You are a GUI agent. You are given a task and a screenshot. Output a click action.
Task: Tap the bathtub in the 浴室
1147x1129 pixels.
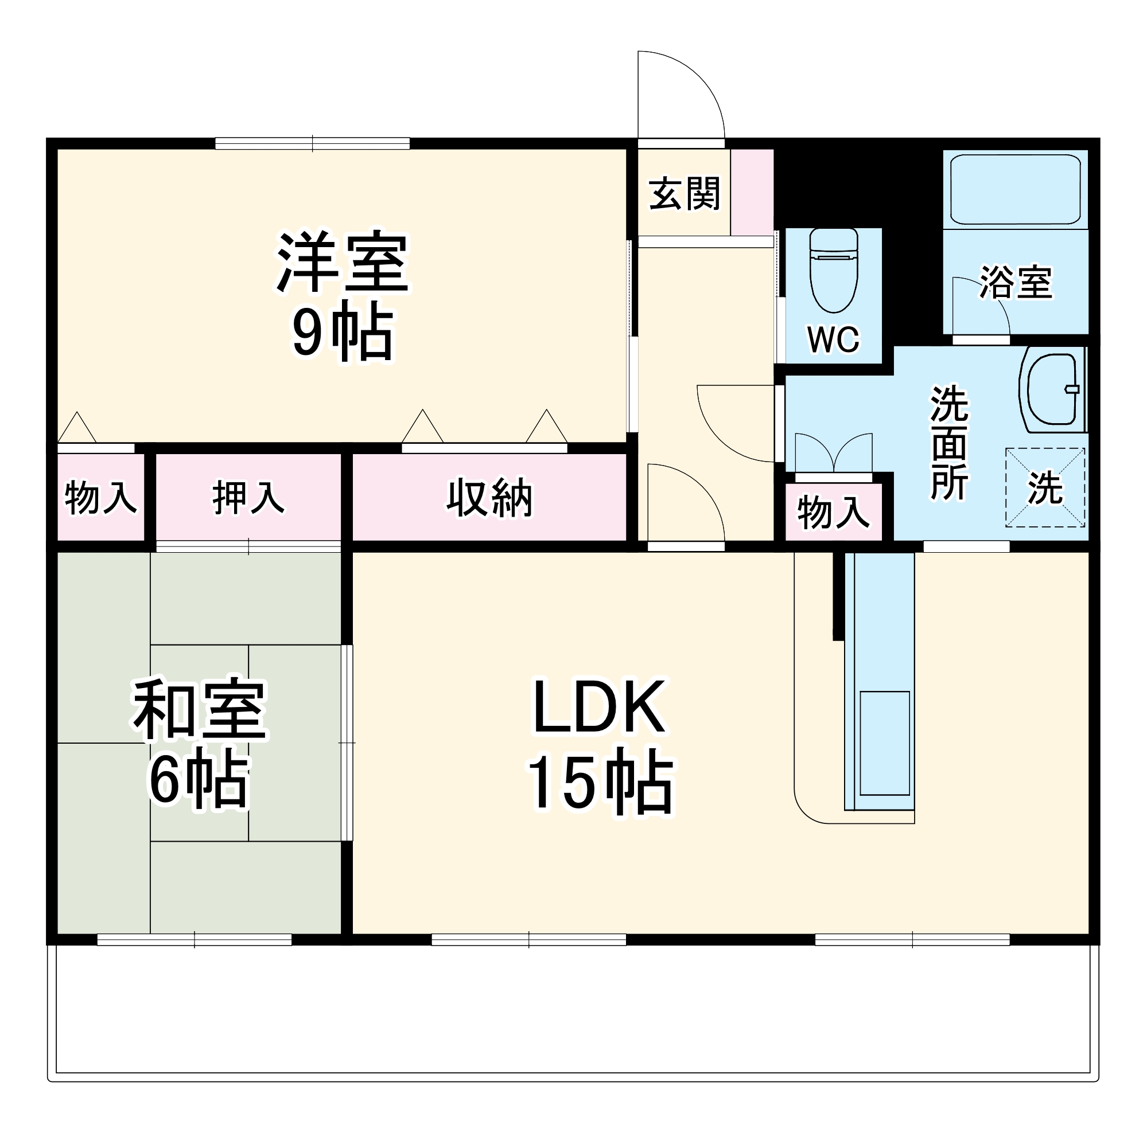pyautogui.click(x=1014, y=189)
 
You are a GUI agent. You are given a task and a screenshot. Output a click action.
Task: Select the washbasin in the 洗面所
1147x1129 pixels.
pyautogui.click(x=1052, y=389)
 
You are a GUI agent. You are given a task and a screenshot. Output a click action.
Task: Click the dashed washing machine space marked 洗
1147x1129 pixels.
pyautogui.click(x=1044, y=487)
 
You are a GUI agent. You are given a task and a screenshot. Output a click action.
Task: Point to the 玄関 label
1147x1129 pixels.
pyautogui.click(x=683, y=193)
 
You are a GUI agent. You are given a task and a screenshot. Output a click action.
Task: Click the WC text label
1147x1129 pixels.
pyautogui.click(x=833, y=339)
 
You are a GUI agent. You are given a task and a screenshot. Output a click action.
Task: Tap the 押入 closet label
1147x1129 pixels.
pyautogui.click(x=248, y=498)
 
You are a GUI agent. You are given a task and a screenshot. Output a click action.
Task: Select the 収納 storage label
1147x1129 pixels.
pyautogui.click(x=489, y=498)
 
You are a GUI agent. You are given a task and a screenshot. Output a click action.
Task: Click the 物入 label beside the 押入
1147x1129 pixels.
pyautogui.click(x=100, y=498)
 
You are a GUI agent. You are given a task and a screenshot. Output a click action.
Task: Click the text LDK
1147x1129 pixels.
pyautogui.click(x=599, y=708)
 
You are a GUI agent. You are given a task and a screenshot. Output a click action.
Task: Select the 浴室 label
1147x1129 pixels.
pyautogui.click(x=1015, y=282)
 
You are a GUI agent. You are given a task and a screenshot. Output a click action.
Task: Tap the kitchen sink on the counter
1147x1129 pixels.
pyautogui.click(x=884, y=743)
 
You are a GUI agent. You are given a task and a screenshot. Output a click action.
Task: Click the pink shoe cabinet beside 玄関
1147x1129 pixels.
pyautogui.click(x=752, y=192)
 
